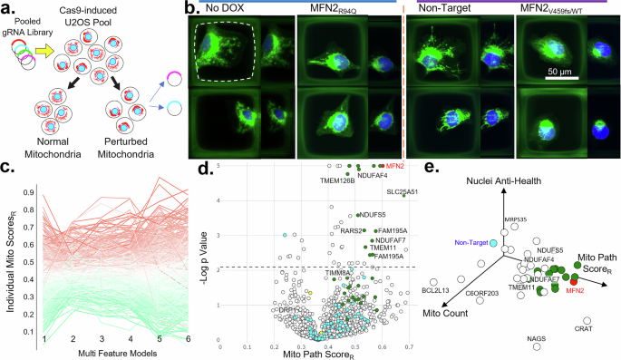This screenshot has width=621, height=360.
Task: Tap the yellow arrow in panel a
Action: (x=43, y=53)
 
